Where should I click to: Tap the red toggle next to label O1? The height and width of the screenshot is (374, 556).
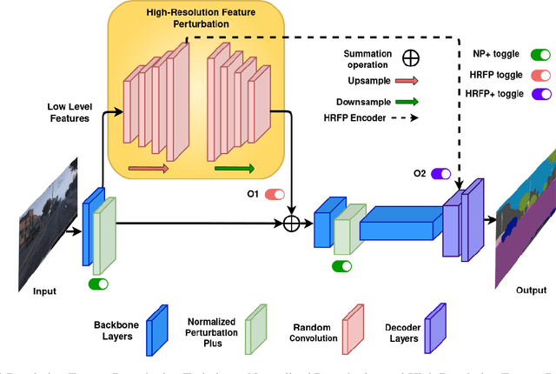coord(275,195)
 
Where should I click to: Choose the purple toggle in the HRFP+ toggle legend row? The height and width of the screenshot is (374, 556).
coord(540,94)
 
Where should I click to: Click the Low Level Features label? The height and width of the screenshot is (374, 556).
coord(69,112)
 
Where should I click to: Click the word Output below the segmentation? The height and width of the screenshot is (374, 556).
coord(531,291)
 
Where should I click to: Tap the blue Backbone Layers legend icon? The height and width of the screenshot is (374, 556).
coord(157,326)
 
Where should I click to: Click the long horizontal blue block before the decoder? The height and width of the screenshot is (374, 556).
coord(396,224)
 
